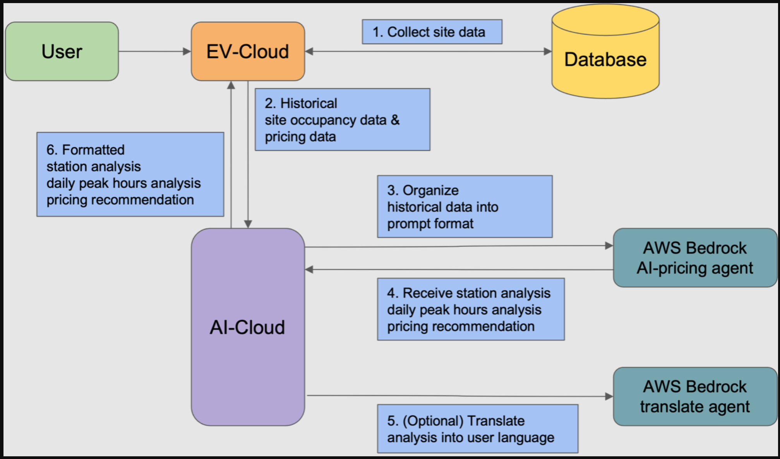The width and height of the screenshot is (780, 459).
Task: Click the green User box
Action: coord(62,51)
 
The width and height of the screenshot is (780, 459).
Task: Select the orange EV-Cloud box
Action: coord(248,51)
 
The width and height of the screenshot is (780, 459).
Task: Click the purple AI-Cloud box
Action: coord(248,327)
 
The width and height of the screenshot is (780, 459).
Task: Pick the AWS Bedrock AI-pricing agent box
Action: coord(695,258)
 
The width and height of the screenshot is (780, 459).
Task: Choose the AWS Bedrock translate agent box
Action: coord(695,397)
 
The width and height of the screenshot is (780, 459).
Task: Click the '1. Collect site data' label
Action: coord(432,32)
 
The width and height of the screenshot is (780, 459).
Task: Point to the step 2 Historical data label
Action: coord(342,120)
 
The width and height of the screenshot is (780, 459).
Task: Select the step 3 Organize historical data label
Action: coord(465,207)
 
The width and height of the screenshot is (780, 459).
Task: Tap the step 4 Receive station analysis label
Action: coord(471,309)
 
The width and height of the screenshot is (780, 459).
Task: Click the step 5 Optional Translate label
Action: coord(477,429)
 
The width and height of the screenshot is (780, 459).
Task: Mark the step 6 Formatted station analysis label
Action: coord(130,174)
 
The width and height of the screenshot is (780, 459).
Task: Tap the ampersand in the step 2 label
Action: coord(395,120)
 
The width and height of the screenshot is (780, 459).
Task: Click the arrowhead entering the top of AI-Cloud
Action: coord(248,224)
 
